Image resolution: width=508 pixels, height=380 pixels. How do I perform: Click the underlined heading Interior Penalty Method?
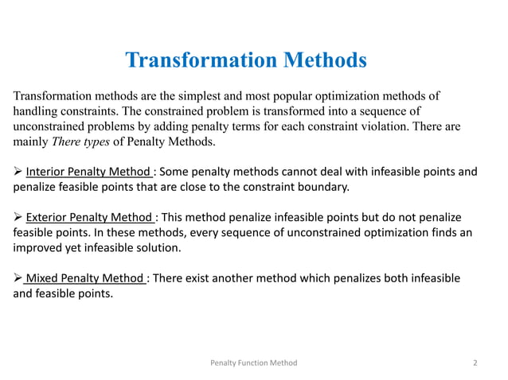[87, 173]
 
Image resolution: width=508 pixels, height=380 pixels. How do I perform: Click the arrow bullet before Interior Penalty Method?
[18, 173]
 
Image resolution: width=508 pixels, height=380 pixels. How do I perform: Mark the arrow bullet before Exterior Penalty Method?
[18, 218]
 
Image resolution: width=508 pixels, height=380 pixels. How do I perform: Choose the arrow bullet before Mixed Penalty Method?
[18, 277]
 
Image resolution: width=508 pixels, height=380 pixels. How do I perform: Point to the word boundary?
[321, 188]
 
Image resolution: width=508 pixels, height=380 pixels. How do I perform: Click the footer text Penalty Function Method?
[253, 363]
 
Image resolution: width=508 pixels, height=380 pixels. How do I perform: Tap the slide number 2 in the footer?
[475, 363]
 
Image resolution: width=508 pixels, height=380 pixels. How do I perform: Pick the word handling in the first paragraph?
[36, 111]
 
